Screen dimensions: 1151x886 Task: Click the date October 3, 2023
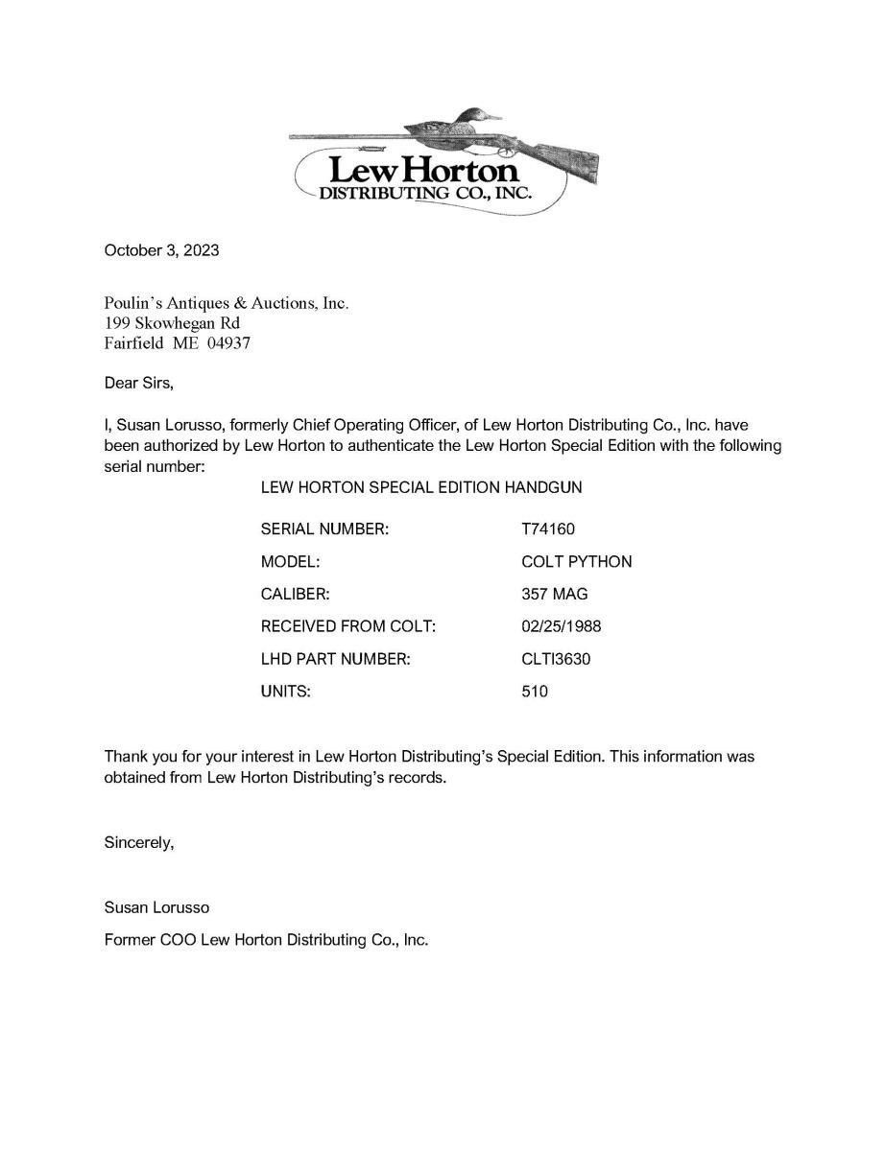[x=161, y=250]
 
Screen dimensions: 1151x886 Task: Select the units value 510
[x=535, y=692]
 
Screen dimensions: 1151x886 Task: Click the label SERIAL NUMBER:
[x=324, y=529]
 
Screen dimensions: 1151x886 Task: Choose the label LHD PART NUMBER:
[x=336, y=659]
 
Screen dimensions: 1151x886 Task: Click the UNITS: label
[x=286, y=692]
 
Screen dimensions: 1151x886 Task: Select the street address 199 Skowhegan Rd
[x=172, y=322]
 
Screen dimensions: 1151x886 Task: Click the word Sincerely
[x=138, y=843]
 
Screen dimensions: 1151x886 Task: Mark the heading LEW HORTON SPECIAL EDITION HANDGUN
[x=421, y=487]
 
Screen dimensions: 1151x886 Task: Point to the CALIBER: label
[x=296, y=594]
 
